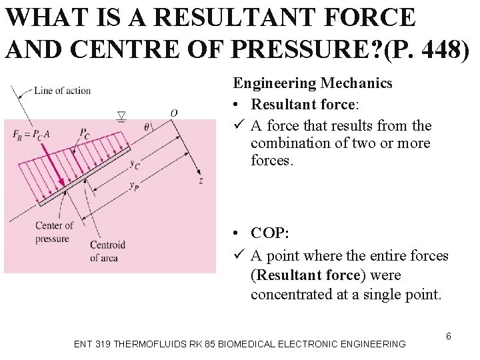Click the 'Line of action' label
click(x=62, y=90)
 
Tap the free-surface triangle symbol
click(x=121, y=117)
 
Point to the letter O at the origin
click(x=173, y=113)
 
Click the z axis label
click(x=201, y=180)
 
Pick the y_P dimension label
click(x=134, y=185)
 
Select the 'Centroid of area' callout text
click(x=107, y=249)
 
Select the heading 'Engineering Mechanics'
click(x=312, y=83)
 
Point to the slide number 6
click(x=449, y=336)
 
